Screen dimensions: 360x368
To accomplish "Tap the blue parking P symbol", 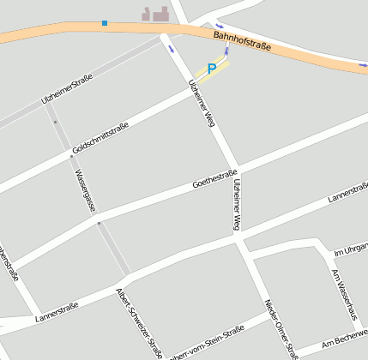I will [212, 68].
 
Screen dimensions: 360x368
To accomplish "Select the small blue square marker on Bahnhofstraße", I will [105, 22].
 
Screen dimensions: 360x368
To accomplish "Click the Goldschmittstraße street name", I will [100, 138].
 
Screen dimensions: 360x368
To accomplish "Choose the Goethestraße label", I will [214, 179].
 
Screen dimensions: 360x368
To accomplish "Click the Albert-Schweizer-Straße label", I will [139, 322].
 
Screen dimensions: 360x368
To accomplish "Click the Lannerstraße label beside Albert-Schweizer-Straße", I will [57, 312].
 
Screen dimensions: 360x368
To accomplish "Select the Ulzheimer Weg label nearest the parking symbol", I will [201, 104].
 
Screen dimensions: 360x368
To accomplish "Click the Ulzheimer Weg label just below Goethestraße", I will [238, 207].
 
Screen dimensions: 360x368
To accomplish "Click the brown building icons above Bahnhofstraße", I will [155, 13].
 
